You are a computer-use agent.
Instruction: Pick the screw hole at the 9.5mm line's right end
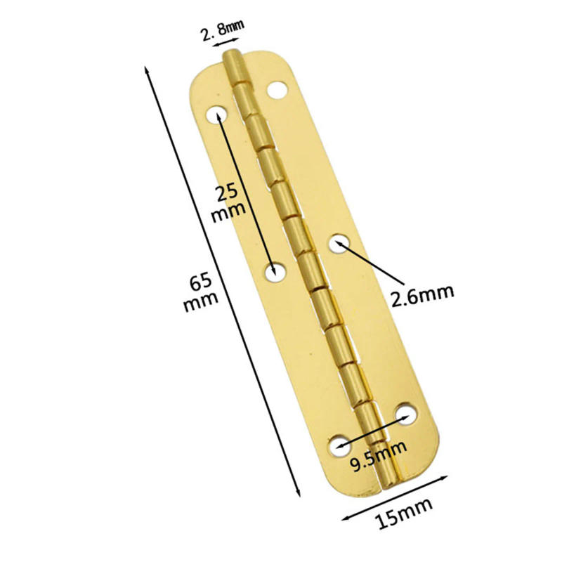tap(405, 415)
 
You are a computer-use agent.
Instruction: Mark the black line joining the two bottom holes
tap(373, 430)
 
